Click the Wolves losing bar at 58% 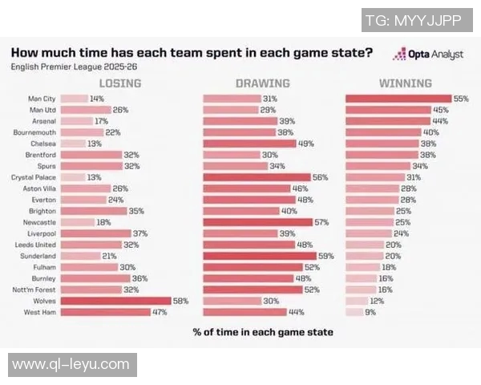tap(115, 301)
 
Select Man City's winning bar tap(398, 98)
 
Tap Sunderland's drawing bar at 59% tap(258, 256)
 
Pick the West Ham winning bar tap(353, 312)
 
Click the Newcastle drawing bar tap(257, 222)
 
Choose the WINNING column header tap(405, 83)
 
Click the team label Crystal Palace tap(33, 177)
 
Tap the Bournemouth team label tap(33, 132)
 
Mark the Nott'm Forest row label tap(33, 290)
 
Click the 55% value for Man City tap(461, 98)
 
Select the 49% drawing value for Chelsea tap(305, 144)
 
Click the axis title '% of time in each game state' tap(262, 331)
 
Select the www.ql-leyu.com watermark tap(71, 365)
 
